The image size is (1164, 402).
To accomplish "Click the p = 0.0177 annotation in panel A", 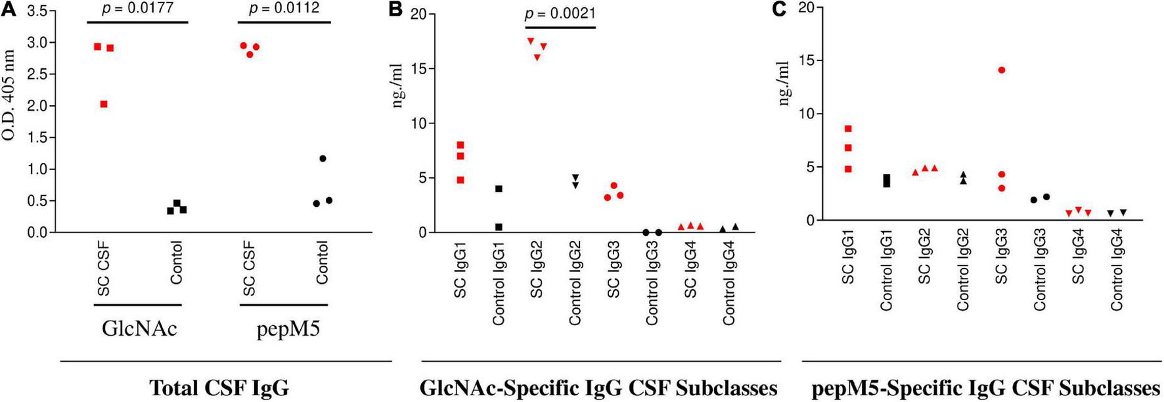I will [x=137, y=9].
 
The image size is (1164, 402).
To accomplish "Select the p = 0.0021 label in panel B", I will [x=560, y=14].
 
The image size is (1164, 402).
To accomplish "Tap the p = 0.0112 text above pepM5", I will [x=284, y=9].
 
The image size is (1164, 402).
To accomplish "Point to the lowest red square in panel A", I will [x=104, y=104].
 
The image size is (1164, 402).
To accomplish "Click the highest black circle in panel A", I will [x=323, y=158].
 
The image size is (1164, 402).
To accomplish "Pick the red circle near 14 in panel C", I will [x=1001, y=70].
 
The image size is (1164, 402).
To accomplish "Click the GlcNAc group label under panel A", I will [x=139, y=328].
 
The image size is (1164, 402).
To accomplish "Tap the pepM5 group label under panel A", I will [x=288, y=328].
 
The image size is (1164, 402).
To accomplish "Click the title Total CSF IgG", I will [x=219, y=388].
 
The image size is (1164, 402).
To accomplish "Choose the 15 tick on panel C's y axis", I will [x=806, y=60].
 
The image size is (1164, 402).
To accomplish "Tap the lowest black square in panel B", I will [x=499, y=227].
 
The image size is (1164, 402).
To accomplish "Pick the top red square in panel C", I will [x=848, y=129].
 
